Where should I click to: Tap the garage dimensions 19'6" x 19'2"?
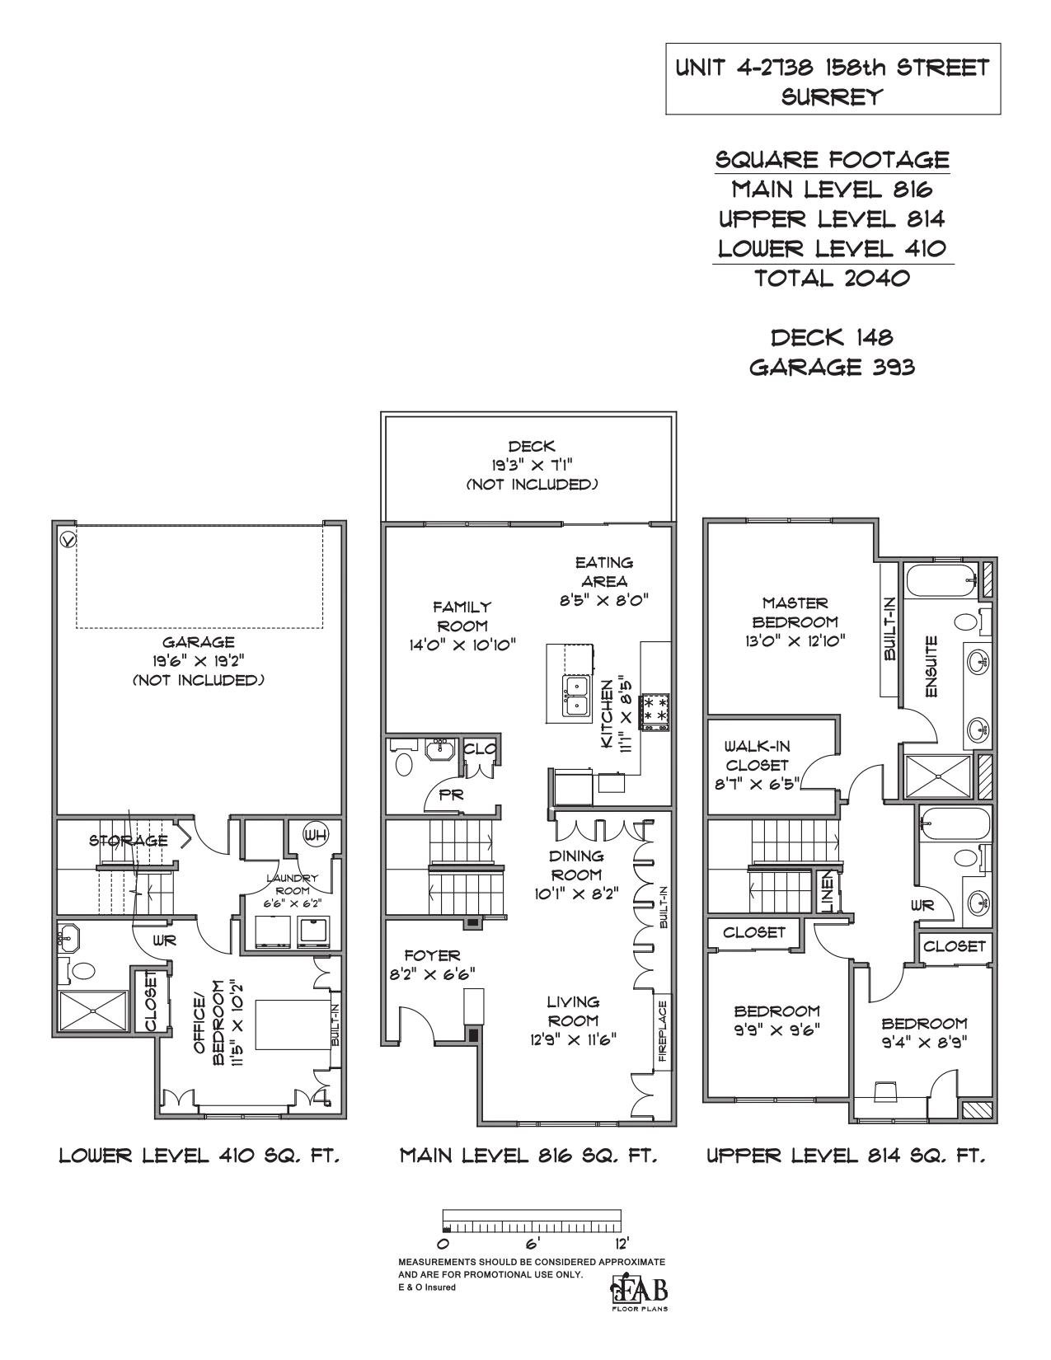pyautogui.click(x=198, y=661)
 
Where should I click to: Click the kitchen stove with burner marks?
pyautogui.click(x=655, y=711)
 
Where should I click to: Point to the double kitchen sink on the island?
pyautogui.click(x=576, y=696)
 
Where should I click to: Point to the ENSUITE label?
pyautogui.click(x=931, y=667)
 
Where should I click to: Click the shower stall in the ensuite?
pyautogui.click(x=938, y=776)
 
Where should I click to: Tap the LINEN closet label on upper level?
pyautogui.click(x=826, y=891)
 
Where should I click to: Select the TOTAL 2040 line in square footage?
pyautogui.click(x=832, y=277)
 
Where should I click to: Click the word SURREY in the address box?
pyautogui.click(x=833, y=96)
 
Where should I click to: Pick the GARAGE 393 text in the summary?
pyautogui.click(x=832, y=368)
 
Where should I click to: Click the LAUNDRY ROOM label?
pyautogui.click(x=292, y=884)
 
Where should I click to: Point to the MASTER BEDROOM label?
pyautogui.click(x=795, y=612)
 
